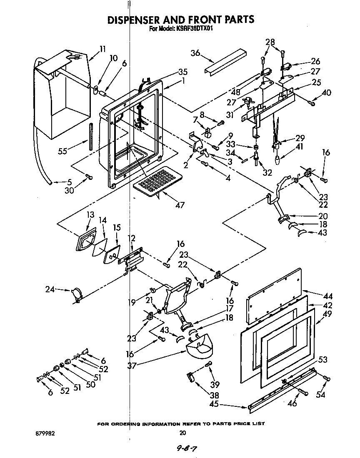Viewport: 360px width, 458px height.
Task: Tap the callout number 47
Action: click(x=180, y=205)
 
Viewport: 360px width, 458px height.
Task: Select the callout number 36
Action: click(x=195, y=52)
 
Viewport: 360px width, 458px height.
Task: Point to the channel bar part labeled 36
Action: click(x=225, y=61)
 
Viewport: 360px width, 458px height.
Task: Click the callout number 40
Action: click(x=327, y=93)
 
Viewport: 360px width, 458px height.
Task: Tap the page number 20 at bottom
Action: click(x=182, y=433)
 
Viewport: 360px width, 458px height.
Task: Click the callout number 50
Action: click(x=90, y=385)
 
